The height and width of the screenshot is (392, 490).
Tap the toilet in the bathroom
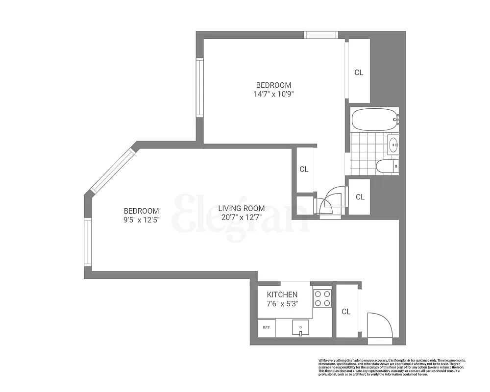click(387, 167)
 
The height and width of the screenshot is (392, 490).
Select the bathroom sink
click(393, 145)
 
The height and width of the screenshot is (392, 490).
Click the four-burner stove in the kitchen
click(322, 298)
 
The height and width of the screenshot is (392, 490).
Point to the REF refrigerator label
click(266, 328)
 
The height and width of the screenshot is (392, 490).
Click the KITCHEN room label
click(282, 294)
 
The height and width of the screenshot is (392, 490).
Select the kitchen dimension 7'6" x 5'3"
click(283, 303)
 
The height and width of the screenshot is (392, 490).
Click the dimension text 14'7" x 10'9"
click(272, 94)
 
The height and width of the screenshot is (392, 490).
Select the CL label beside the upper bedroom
click(359, 73)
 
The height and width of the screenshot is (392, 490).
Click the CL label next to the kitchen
click(346, 312)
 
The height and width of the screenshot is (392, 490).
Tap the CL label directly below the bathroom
click(360, 197)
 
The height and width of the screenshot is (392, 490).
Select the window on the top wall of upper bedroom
click(320, 35)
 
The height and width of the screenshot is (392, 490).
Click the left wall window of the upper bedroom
click(199, 87)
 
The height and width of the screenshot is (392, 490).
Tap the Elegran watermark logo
click(240, 214)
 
